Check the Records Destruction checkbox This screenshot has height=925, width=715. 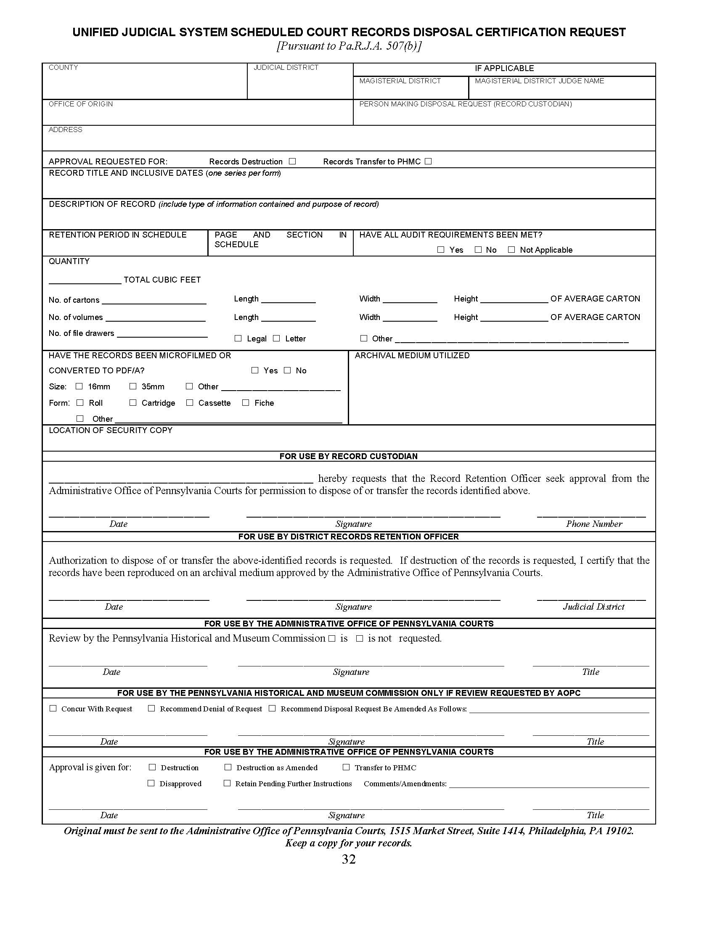pos(292,161)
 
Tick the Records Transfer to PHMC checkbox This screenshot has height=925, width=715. pos(428,161)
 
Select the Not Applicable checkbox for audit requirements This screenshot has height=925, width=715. pos(511,250)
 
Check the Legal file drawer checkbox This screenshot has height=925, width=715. pos(238,338)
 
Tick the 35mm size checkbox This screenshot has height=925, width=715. pos(133,386)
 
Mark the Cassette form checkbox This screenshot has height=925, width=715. pos(190,403)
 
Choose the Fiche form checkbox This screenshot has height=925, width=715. pos(246,403)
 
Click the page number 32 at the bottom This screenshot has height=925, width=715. pos(349,859)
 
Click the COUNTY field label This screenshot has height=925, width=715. pos(63,68)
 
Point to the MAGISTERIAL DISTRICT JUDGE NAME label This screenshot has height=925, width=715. pos(539,81)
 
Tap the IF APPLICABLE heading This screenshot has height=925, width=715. pos(504,68)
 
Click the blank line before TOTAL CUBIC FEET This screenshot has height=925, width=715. pos(85,280)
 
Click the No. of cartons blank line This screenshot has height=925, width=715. pos(154,301)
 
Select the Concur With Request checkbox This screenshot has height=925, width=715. pos(53,708)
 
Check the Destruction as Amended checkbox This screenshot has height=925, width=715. pos(228,767)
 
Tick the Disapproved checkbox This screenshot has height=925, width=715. pos(151,784)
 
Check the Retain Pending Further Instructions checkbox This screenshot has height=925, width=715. pos(227,784)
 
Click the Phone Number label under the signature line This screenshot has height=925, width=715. pos(594,524)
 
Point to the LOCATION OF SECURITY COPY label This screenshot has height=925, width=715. pos(111,430)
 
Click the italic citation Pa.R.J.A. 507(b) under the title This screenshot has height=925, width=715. pos(349,46)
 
